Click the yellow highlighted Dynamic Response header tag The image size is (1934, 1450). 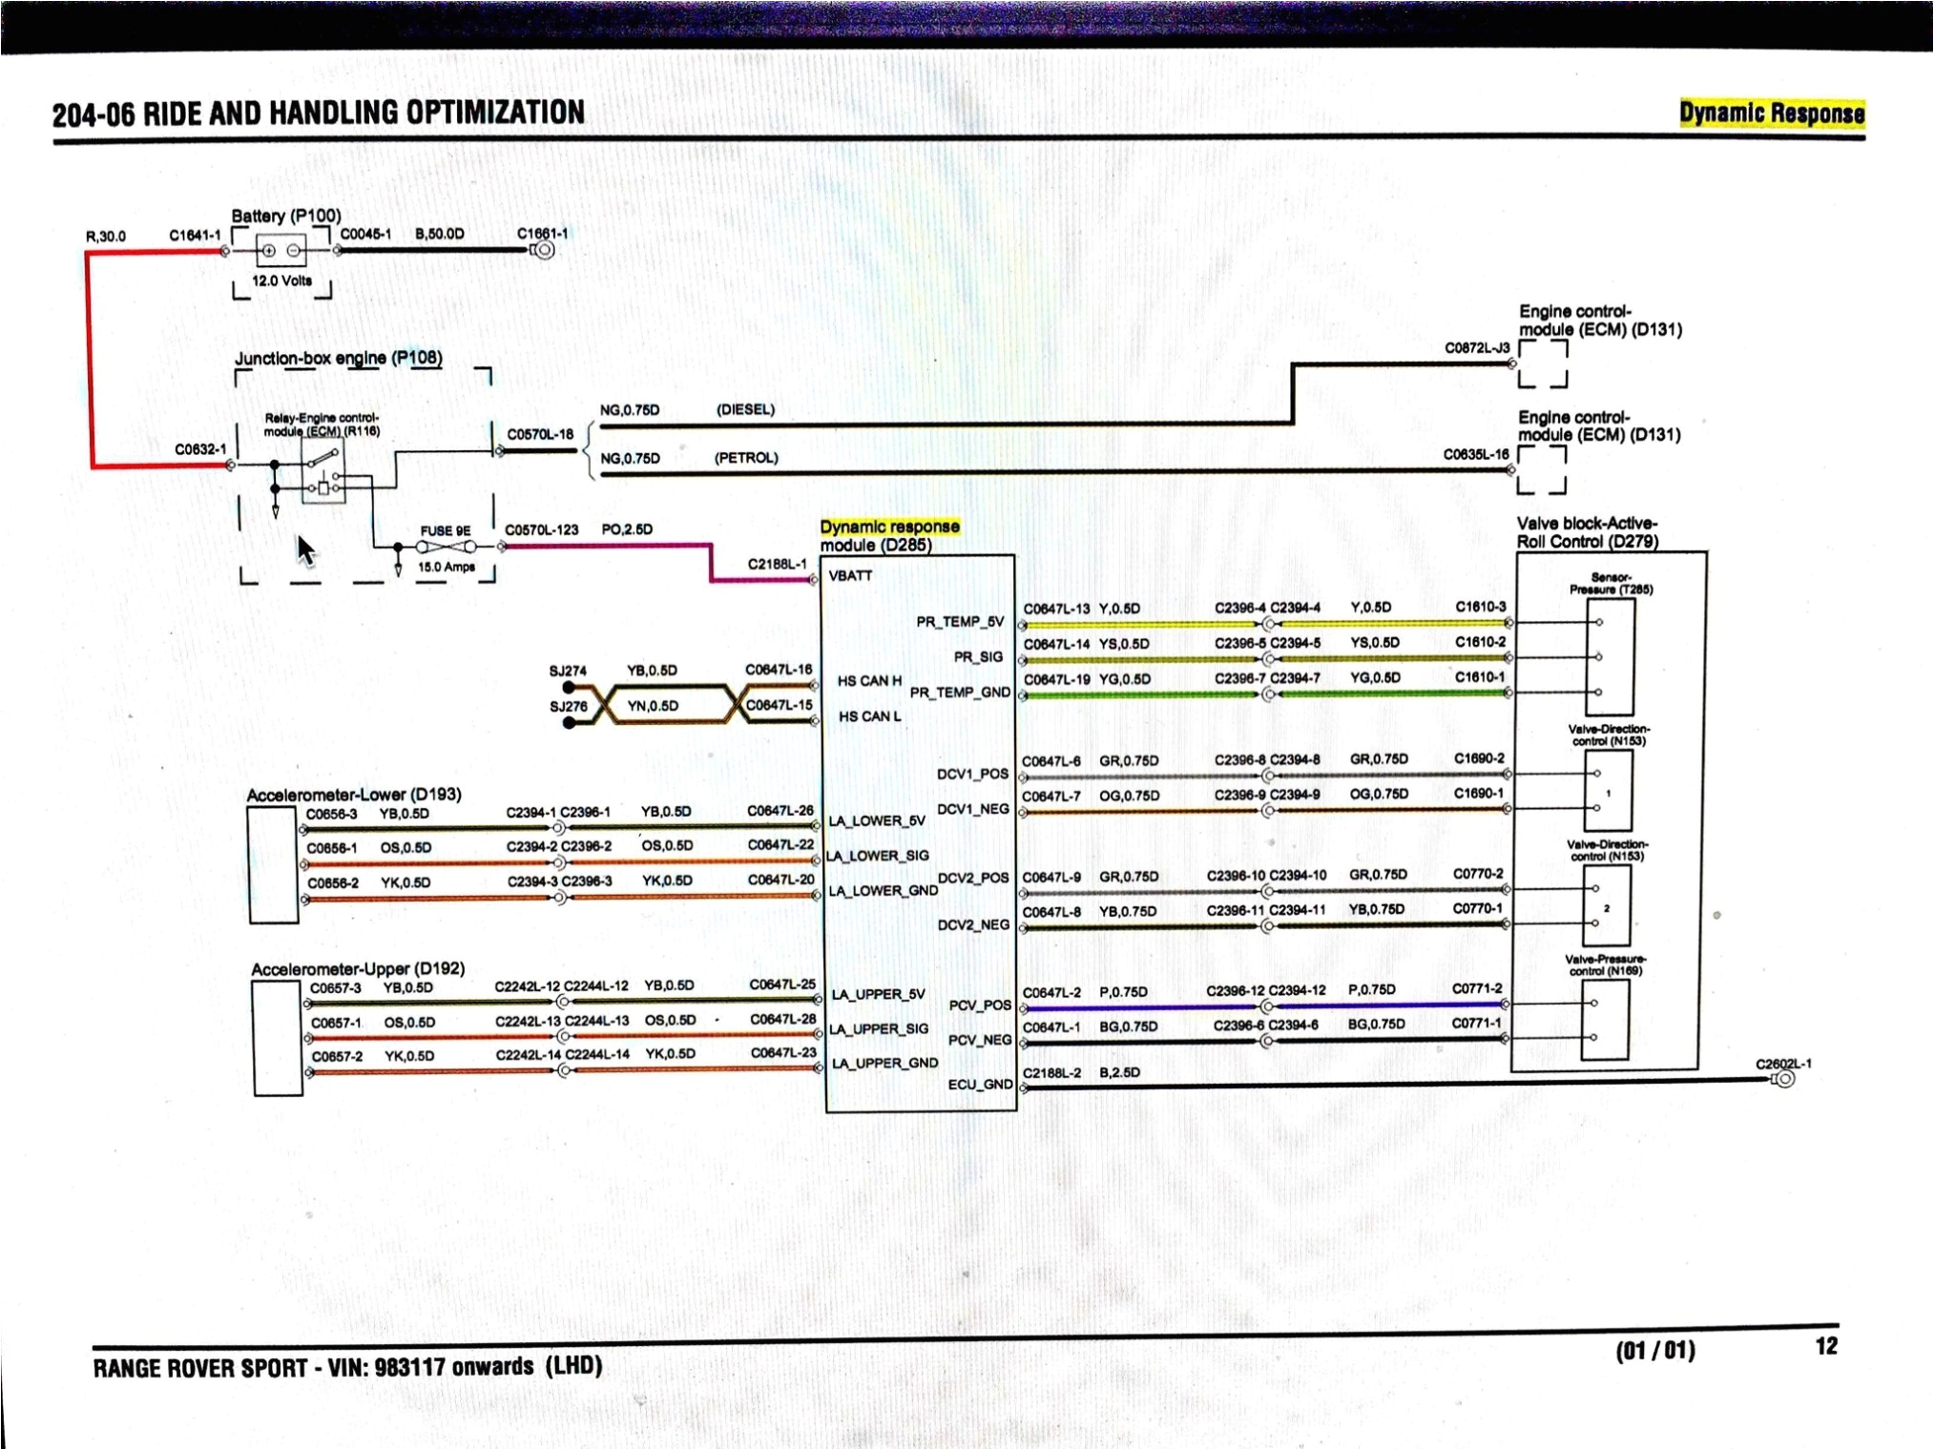(x=1771, y=114)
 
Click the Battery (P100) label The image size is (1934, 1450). (x=285, y=216)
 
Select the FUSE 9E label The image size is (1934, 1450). (x=446, y=531)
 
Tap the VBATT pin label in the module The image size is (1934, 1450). (x=850, y=576)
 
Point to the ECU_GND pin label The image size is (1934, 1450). (x=979, y=1085)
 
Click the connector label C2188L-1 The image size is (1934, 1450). (x=777, y=564)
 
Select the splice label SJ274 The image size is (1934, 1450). (x=568, y=671)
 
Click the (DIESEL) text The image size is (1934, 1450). (x=745, y=409)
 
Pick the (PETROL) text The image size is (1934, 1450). (x=746, y=458)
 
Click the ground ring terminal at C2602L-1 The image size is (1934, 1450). (x=1784, y=1079)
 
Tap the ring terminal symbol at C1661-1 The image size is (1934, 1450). (x=543, y=250)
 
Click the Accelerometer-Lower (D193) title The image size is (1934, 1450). (x=353, y=795)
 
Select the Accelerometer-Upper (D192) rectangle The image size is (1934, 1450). (x=278, y=1037)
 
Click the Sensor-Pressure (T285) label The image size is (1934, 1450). (x=1611, y=583)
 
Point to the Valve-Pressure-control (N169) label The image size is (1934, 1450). (x=1606, y=964)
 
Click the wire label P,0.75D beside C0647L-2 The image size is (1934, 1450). (x=1123, y=992)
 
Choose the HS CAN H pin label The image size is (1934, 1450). (x=868, y=681)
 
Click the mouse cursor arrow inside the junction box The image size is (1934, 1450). (x=305, y=549)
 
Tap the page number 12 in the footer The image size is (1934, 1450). (x=1825, y=1346)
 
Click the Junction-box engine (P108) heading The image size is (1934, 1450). (x=339, y=359)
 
